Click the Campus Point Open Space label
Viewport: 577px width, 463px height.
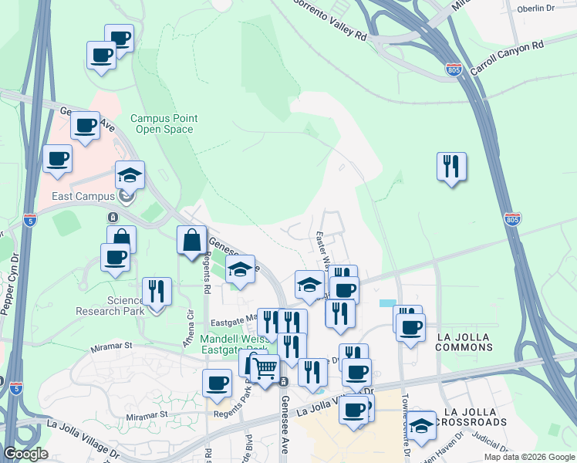(164, 123)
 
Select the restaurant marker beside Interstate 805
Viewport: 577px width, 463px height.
(451, 167)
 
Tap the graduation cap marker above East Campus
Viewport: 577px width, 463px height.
(130, 176)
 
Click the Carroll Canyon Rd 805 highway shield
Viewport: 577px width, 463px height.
(454, 70)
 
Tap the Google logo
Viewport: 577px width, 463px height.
(25, 454)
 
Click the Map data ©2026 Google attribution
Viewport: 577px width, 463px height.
(529, 457)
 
